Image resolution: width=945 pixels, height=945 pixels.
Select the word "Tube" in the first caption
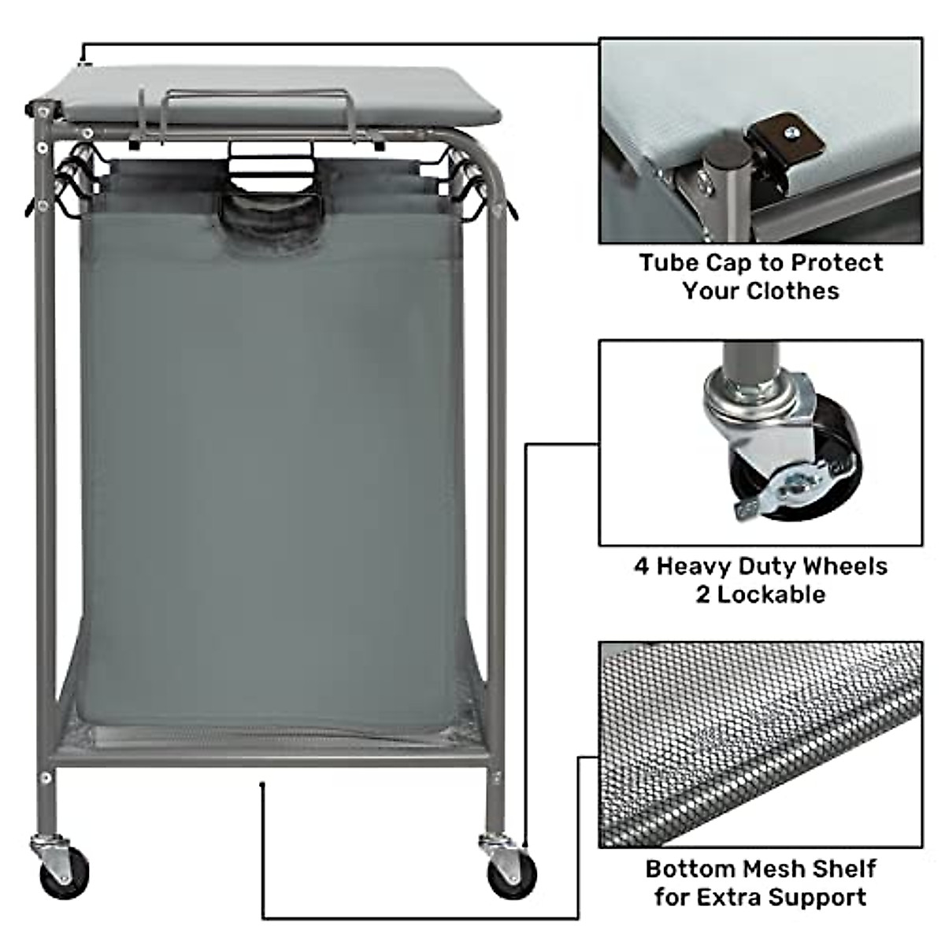(x=669, y=262)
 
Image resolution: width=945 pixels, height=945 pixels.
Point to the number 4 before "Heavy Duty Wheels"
(x=642, y=566)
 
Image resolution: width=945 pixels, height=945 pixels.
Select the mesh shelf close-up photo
(x=760, y=743)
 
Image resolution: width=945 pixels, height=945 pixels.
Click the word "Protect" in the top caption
(x=838, y=262)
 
